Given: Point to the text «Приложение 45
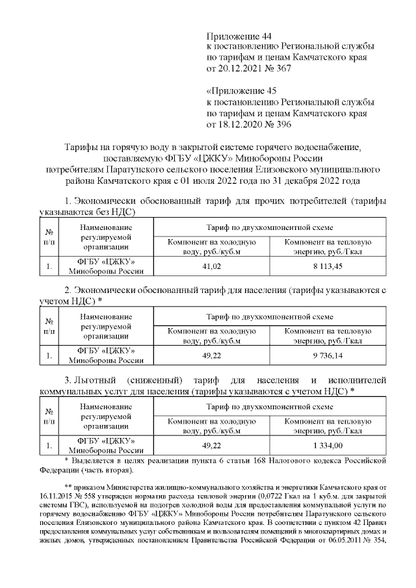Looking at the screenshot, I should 240,91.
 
